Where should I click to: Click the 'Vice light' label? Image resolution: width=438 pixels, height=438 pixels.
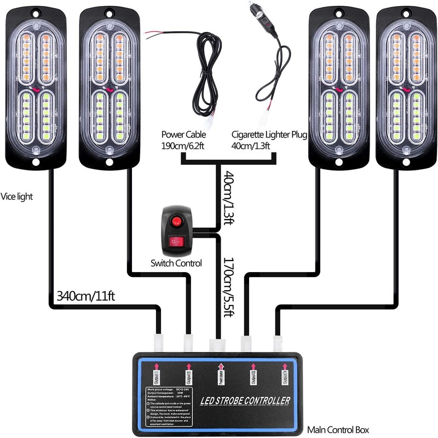click(17, 196)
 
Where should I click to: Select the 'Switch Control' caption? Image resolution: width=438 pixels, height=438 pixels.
click(176, 263)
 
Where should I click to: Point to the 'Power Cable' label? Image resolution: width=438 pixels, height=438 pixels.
click(185, 135)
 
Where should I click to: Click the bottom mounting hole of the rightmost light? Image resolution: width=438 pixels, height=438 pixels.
click(406, 162)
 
